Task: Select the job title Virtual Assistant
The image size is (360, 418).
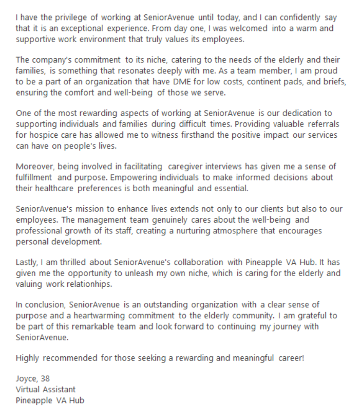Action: pyautogui.click(x=46, y=389)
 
